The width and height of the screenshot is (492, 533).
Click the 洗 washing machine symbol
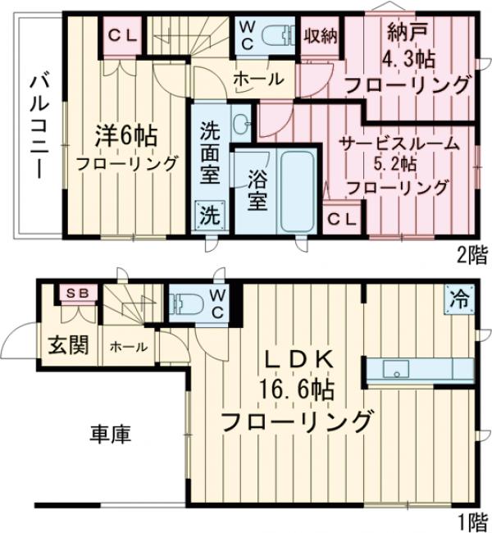click(211, 216)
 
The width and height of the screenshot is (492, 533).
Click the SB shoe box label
click(77, 292)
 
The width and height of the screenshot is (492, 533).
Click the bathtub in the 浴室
click(294, 192)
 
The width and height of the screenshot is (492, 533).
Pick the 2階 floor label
click(471, 255)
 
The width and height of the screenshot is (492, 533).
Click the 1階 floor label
click(470, 520)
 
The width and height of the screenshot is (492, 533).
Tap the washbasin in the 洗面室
click(242, 125)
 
